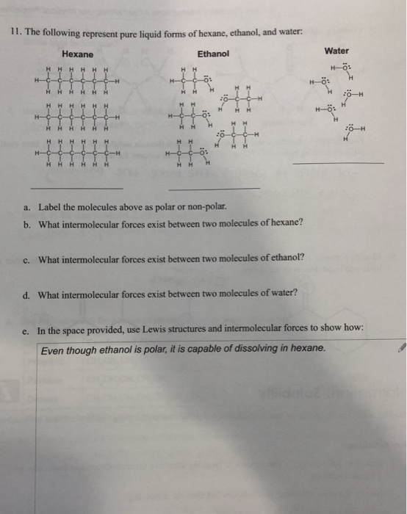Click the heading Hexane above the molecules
[x=77, y=54]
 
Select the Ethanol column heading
[x=213, y=54]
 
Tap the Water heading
[x=336, y=51]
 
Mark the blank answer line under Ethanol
[x=214, y=188]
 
